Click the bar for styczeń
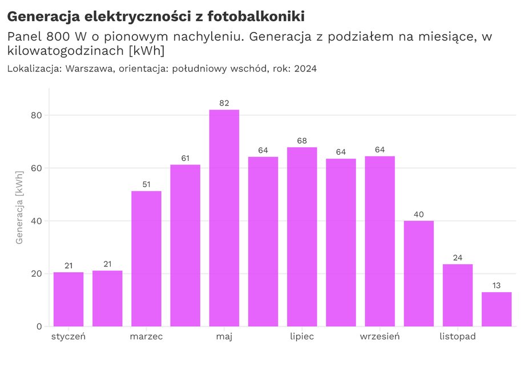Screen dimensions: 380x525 68,299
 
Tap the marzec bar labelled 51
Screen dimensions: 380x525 146,258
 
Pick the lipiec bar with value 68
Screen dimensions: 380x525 302,237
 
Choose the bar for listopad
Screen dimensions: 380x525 458,295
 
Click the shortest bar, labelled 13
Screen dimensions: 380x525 496,309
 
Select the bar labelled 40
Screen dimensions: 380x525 419,273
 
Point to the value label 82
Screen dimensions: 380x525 224,103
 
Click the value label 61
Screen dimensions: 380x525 185,158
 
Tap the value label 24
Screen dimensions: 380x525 458,258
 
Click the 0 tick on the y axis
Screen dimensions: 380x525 39,326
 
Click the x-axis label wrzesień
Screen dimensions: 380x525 379,337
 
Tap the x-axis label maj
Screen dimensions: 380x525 224,337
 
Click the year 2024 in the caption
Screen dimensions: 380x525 305,68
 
